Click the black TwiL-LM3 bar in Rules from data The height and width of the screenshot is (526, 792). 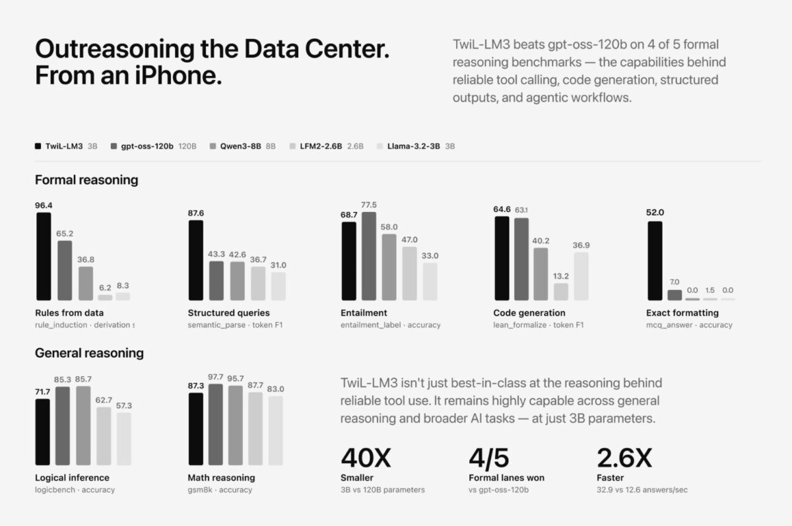(44, 256)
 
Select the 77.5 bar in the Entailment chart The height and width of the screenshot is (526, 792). (369, 256)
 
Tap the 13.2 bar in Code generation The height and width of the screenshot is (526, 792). (561, 292)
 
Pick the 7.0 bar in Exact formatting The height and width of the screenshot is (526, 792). (675, 295)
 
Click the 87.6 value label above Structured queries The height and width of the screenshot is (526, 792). (196, 213)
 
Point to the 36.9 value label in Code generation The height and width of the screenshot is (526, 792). (581, 245)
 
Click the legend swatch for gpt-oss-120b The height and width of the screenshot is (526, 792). (114, 146)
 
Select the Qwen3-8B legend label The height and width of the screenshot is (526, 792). (240, 146)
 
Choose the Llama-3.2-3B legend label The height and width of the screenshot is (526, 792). (414, 146)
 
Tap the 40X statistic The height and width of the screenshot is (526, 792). (366, 458)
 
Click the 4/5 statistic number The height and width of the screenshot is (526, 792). (489, 458)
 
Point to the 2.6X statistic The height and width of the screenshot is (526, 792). (624, 458)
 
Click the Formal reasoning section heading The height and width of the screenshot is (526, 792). (86, 180)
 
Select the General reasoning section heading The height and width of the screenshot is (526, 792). (90, 353)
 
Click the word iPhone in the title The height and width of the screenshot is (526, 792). (178, 76)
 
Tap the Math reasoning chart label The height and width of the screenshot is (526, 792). (221, 478)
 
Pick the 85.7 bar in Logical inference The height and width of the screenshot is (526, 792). (83, 426)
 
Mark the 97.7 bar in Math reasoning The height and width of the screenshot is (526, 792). (216, 424)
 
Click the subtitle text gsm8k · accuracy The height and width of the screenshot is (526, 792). (220, 490)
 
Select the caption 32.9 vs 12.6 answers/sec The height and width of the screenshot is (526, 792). (642, 490)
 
